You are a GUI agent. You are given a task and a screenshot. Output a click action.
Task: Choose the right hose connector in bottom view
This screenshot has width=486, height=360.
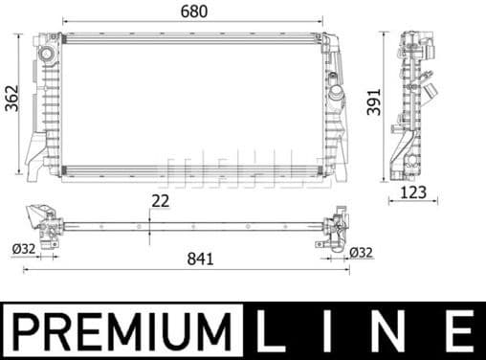coord(335,228)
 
